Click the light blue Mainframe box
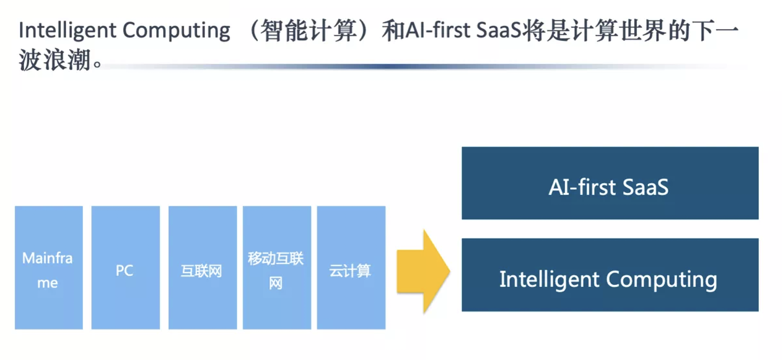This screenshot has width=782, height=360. (x=49, y=267)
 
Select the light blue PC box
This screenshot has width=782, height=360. (x=126, y=267)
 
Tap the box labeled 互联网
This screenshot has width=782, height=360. (x=203, y=267)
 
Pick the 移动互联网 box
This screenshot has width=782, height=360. (x=277, y=267)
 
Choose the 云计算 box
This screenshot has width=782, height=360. (x=351, y=267)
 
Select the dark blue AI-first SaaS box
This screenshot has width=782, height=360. (x=610, y=183)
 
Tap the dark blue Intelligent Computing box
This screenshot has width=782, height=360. (x=610, y=275)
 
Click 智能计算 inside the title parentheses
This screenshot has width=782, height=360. (x=308, y=30)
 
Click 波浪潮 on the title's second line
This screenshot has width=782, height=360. (x=54, y=60)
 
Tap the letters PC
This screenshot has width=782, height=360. (x=124, y=270)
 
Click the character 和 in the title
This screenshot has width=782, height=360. (x=393, y=30)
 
